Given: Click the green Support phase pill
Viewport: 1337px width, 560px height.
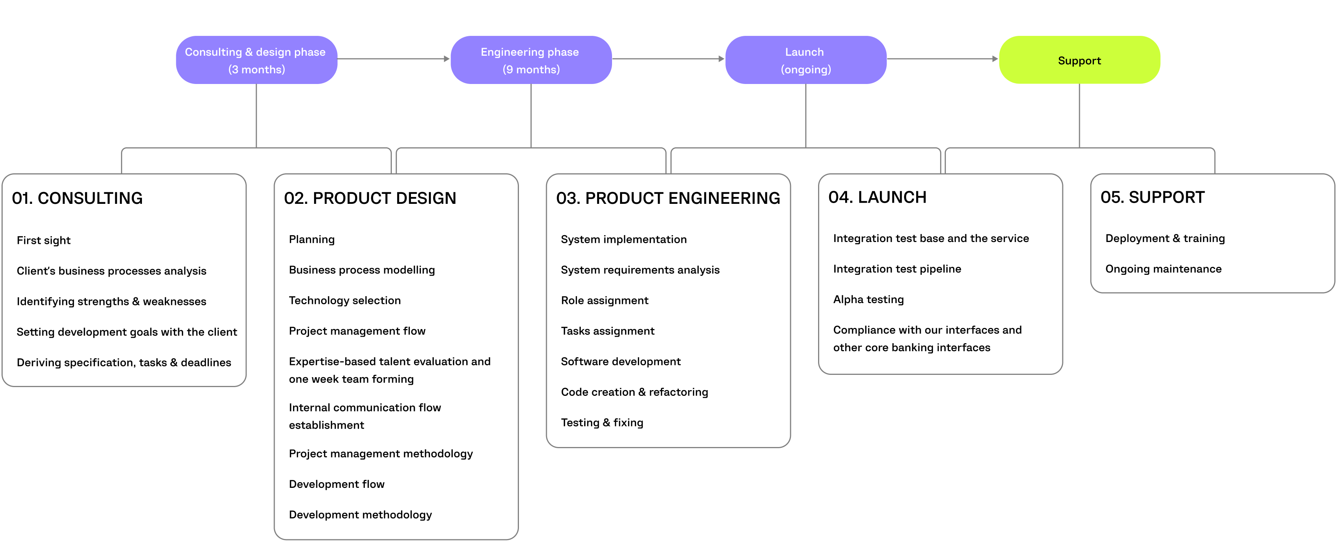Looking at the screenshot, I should click(x=1079, y=60).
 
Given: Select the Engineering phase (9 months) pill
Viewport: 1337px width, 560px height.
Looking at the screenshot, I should click(x=530, y=60).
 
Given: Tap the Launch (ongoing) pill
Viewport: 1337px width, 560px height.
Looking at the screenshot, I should click(x=805, y=60).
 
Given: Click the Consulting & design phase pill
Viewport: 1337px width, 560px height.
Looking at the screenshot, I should click(x=256, y=60).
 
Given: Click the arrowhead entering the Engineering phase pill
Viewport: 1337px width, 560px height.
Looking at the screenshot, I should click(x=446, y=59).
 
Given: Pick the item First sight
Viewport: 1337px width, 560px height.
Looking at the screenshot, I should click(x=43, y=240).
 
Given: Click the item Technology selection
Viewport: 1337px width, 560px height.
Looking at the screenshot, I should click(x=345, y=300).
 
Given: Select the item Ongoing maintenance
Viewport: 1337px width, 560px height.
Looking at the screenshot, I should click(x=1163, y=269).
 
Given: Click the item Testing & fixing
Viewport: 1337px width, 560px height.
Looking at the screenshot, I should click(x=602, y=422).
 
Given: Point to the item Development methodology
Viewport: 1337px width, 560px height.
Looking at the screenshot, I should click(x=360, y=514).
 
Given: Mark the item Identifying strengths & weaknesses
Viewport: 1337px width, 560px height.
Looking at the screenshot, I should click(x=111, y=301).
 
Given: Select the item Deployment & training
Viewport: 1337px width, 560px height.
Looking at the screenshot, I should click(x=1164, y=238).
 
